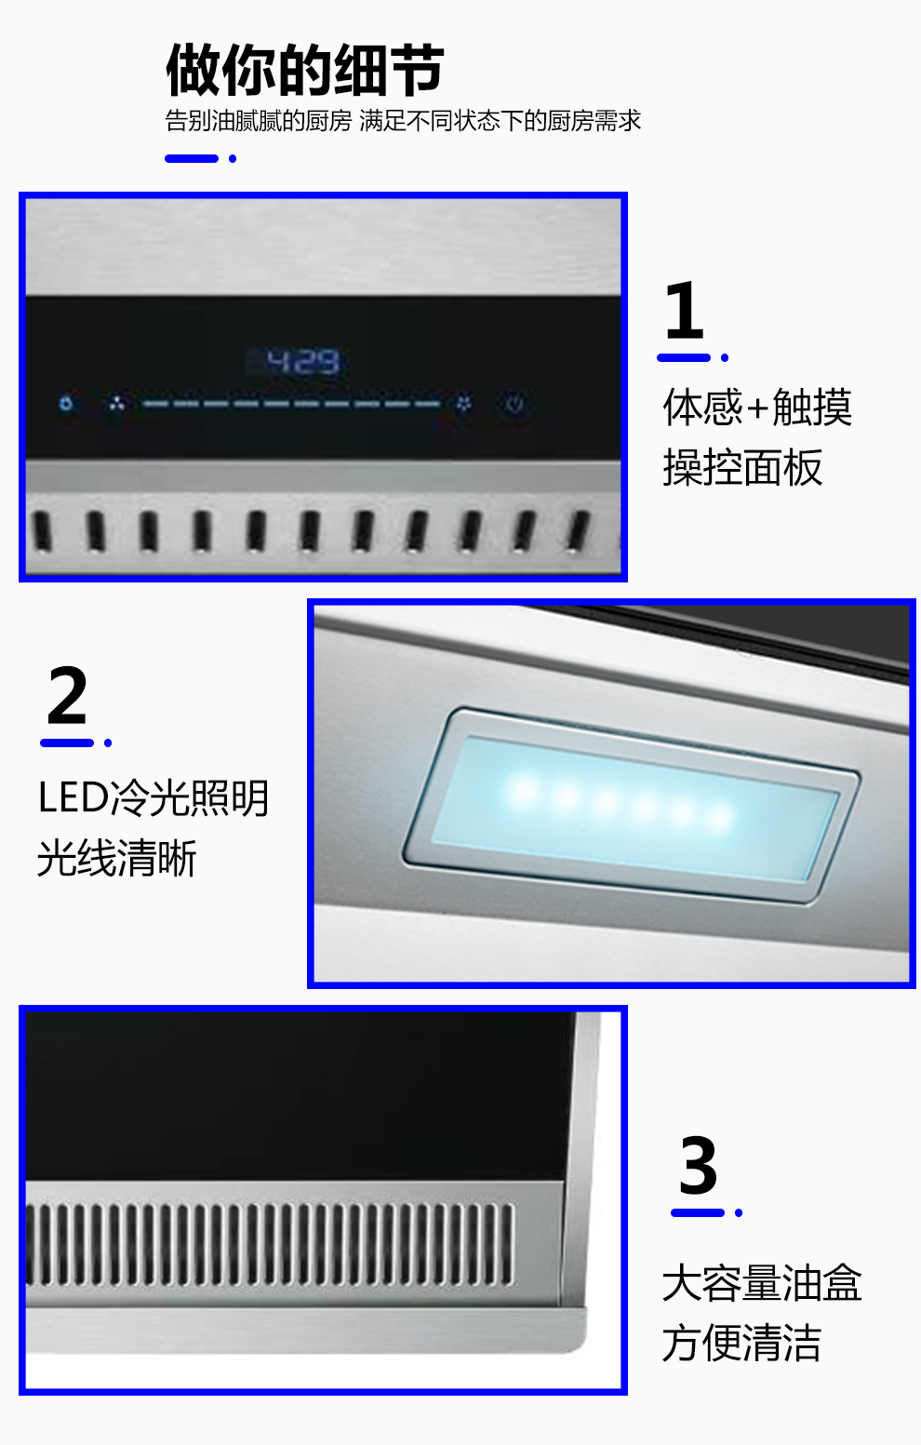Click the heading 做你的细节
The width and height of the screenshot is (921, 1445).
(304, 70)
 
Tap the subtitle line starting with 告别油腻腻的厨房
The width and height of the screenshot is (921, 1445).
(403, 121)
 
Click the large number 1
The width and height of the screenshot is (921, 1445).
(685, 310)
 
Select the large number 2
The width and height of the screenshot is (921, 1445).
(67, 695)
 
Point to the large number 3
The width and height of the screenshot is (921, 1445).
(699, 1166)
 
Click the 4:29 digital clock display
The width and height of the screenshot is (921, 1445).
(302, 362)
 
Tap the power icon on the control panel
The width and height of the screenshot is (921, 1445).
(514, 405)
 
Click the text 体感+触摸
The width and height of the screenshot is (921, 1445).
(758, 407)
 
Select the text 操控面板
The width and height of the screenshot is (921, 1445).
(743, 467)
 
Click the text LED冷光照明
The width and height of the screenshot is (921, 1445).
(153, 798)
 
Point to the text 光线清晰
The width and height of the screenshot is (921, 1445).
(116, 859)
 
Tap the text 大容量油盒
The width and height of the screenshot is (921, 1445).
(762, 1283)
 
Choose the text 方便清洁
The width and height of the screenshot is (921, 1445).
(742, 1343)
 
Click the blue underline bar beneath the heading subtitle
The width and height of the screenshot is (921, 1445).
(192, 159)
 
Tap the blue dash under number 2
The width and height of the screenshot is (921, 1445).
(67, 743)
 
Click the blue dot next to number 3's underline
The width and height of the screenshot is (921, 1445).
(739, 1213)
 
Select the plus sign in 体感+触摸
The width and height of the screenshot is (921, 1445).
(758, 408)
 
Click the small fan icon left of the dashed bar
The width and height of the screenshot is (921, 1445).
(116, 405)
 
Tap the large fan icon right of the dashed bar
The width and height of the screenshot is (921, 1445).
(463, 405)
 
